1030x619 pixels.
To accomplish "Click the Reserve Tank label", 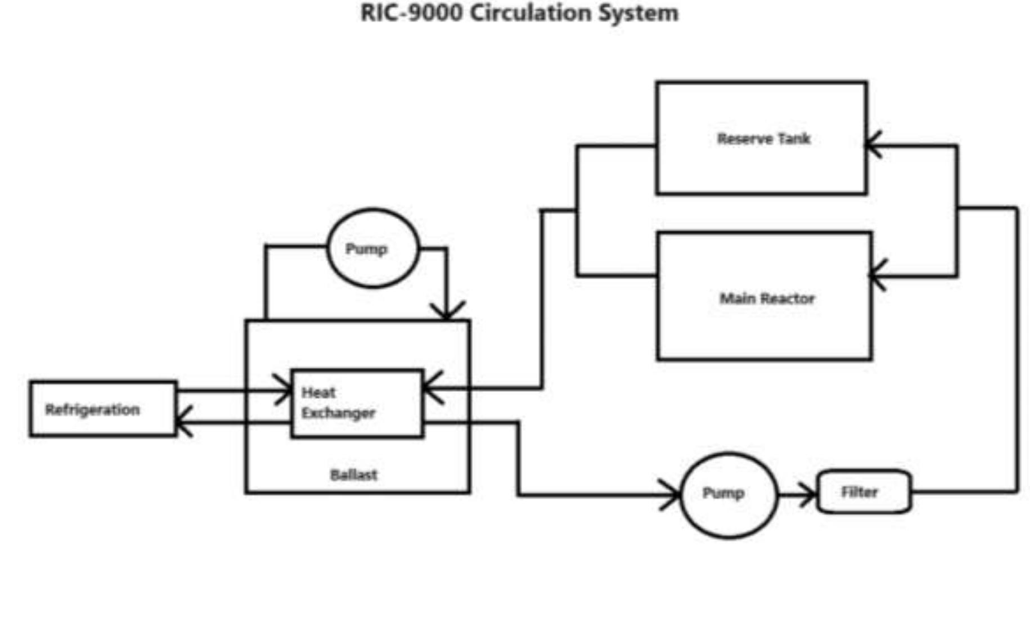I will [x=763, y=138].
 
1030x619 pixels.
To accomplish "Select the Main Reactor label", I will [x=767, y=298].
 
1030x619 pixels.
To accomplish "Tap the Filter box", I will [x=863, y=492].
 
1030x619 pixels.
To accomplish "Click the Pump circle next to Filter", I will [x=728, y=495].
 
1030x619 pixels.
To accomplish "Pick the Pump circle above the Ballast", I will [x=372, y=248].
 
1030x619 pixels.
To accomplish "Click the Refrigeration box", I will [x=103, y=409].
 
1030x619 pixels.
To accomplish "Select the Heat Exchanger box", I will [x=357, y=403].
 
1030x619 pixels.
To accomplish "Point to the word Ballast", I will [x=353, y=475].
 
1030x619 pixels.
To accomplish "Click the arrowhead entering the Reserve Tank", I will [x=871, y=144].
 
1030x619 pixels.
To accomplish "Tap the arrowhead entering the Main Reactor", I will [x=876, y=275].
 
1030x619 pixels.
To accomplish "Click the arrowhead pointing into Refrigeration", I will [x=183, y=421].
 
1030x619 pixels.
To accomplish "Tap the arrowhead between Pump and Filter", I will [x=809, y=495].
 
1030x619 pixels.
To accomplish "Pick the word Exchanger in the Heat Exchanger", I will [x=338, y=413].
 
